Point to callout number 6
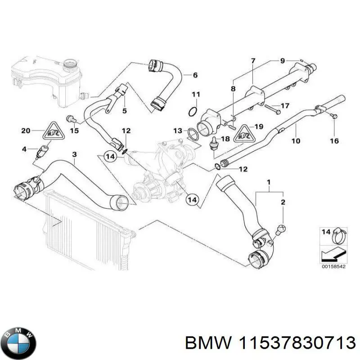pos(195,75)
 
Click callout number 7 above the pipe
pos(253,61)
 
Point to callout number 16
pos(334,141)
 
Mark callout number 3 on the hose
pos(75,154)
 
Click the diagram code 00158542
pos(334,266)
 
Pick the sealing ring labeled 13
pos(192,133)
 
